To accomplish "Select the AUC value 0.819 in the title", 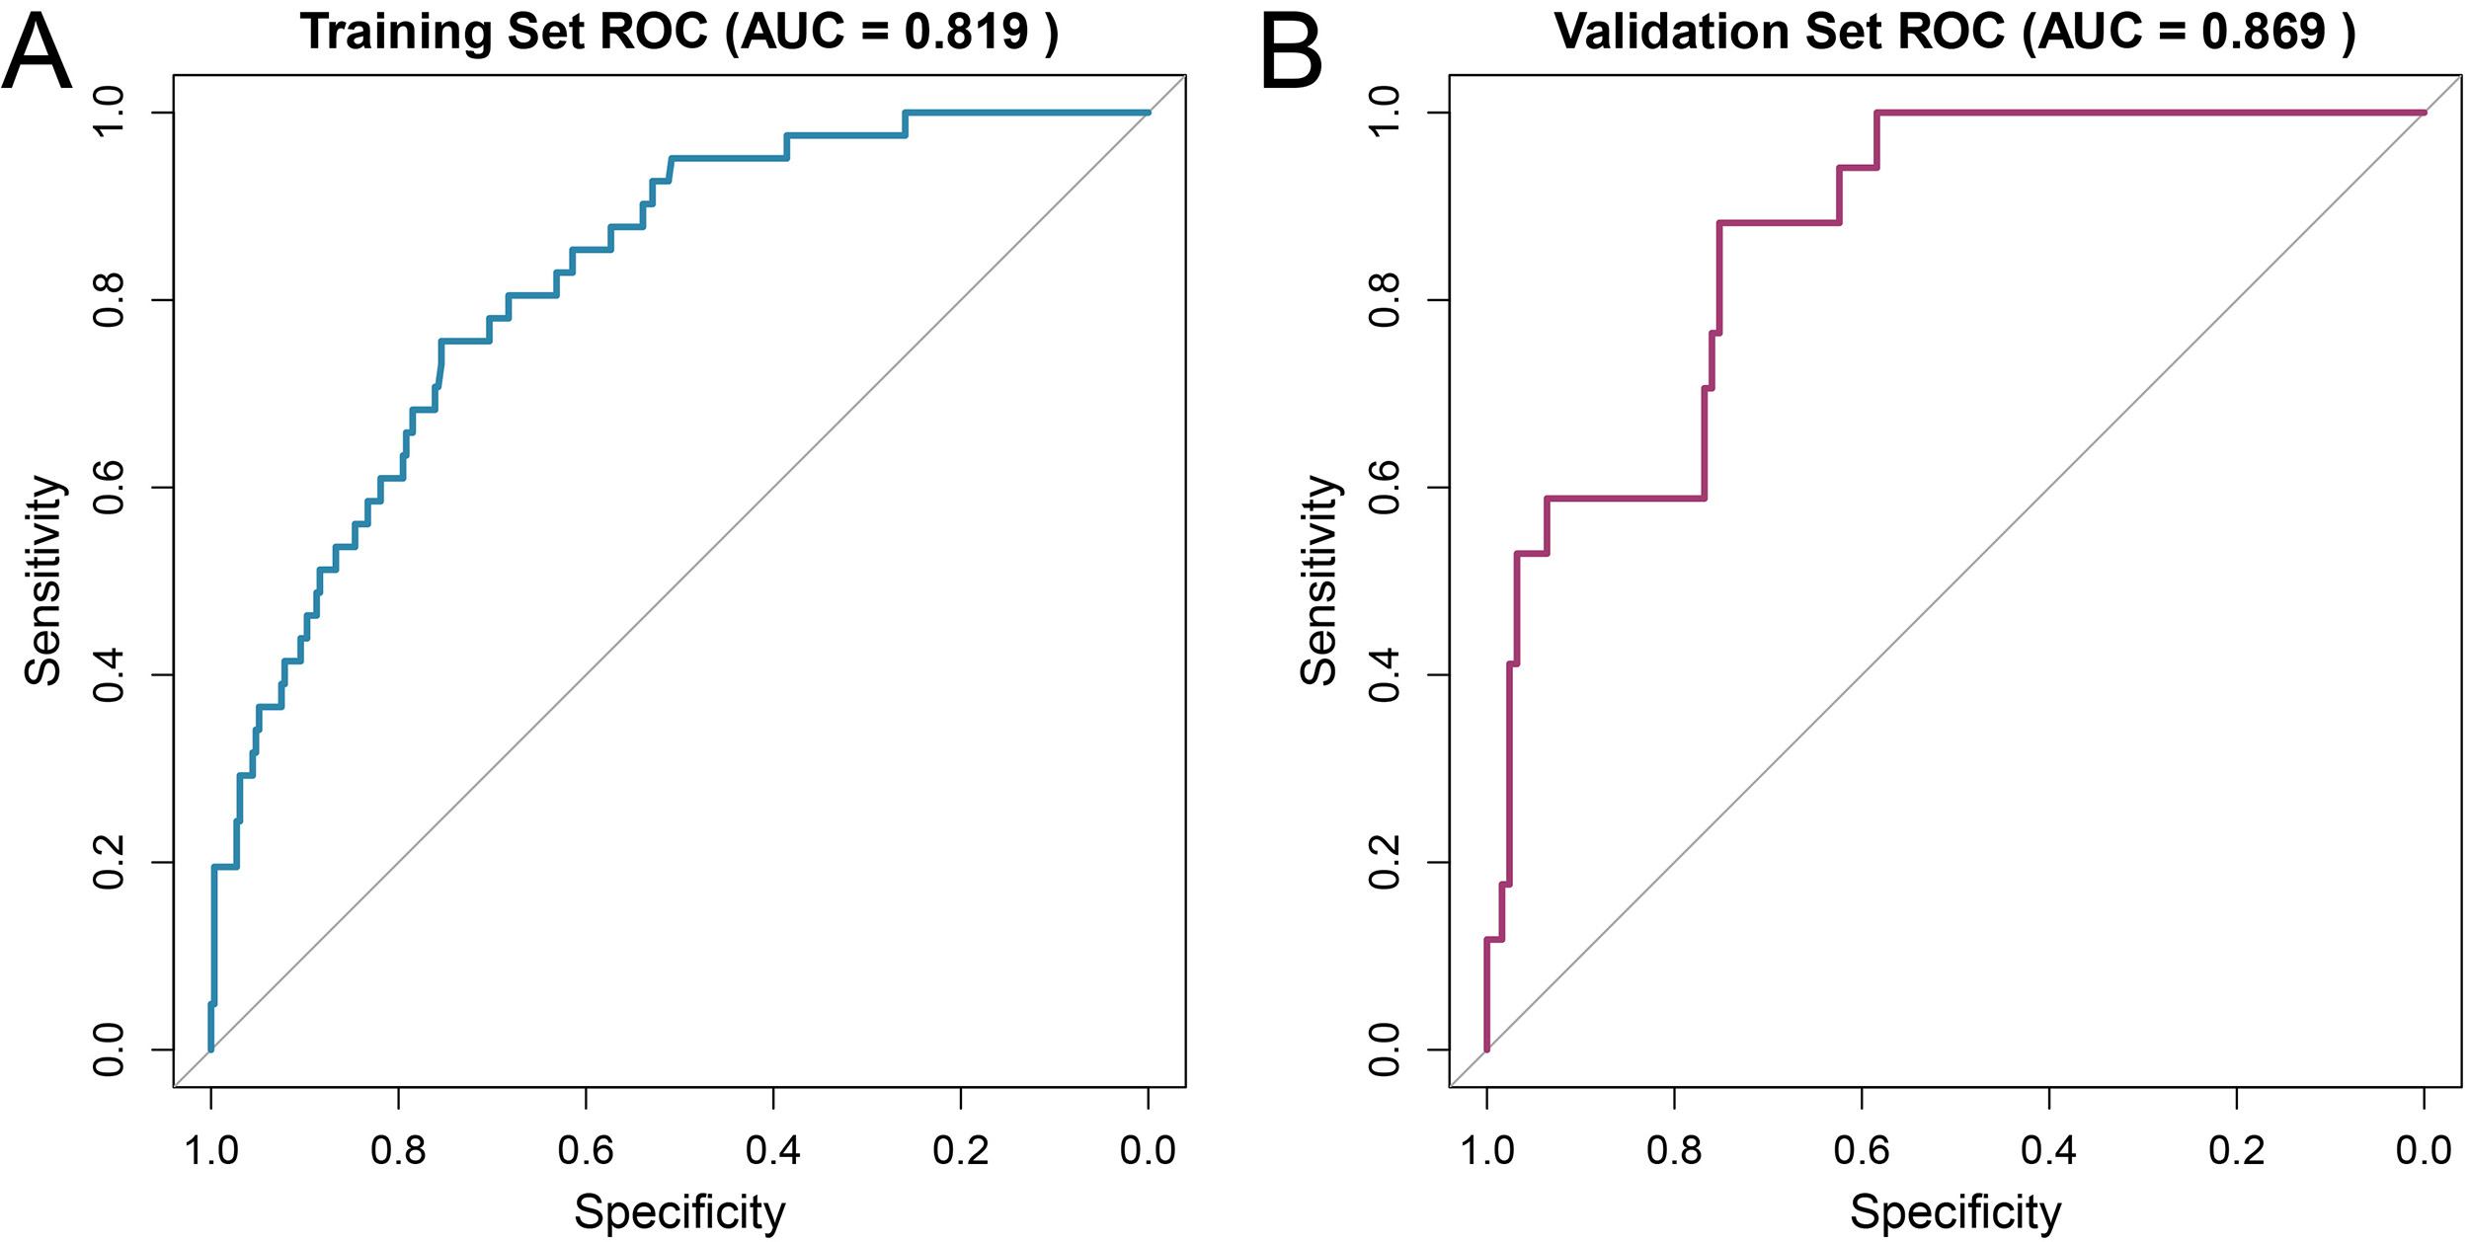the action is (x=966, y=32).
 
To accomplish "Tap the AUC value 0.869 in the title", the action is (x=2264, y=32).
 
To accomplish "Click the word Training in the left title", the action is (x=396, y=32).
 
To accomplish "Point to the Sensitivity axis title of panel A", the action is (x=43, y=581).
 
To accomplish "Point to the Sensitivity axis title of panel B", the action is (x=1319, y=581).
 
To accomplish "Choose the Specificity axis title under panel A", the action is (x=679, y=1212).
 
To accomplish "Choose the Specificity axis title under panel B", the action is (x=1955, y=1212).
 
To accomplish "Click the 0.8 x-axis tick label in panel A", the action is (x=398, y=1150).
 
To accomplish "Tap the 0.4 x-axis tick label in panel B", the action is (x=2049, y=1150).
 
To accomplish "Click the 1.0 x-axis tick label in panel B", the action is (x=1486, y=1150).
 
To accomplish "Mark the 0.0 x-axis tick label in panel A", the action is (x=1148, y=1150).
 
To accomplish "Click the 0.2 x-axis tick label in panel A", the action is (x=961, y=1150).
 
